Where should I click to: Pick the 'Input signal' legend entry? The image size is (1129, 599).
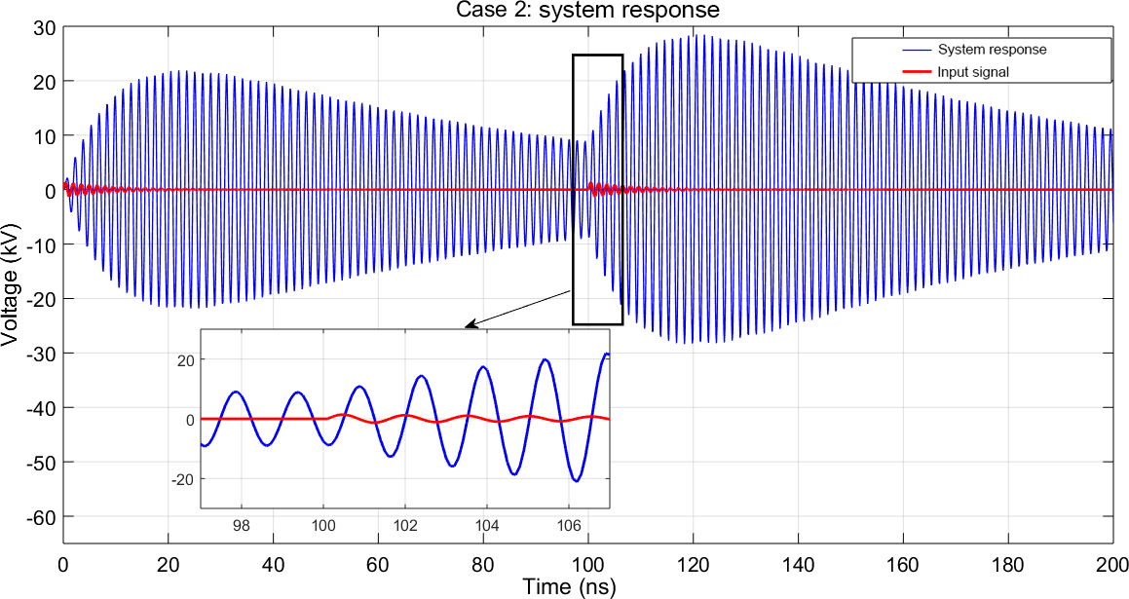coord(964,72)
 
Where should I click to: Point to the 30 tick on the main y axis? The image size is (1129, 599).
coord(44,26)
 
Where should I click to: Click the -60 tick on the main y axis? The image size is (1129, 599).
coord(40,516)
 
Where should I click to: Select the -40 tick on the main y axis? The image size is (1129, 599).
coord(40,407)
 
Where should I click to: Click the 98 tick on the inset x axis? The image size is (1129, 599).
coord(242,525)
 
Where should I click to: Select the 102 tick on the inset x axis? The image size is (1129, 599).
coord(406,525)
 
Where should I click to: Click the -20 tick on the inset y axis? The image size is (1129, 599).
coord(183,479)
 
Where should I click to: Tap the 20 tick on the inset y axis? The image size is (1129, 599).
coord(186,360)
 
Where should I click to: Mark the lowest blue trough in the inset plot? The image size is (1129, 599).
coord(577,480)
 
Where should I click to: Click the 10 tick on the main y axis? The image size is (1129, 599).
coord(44,135)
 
